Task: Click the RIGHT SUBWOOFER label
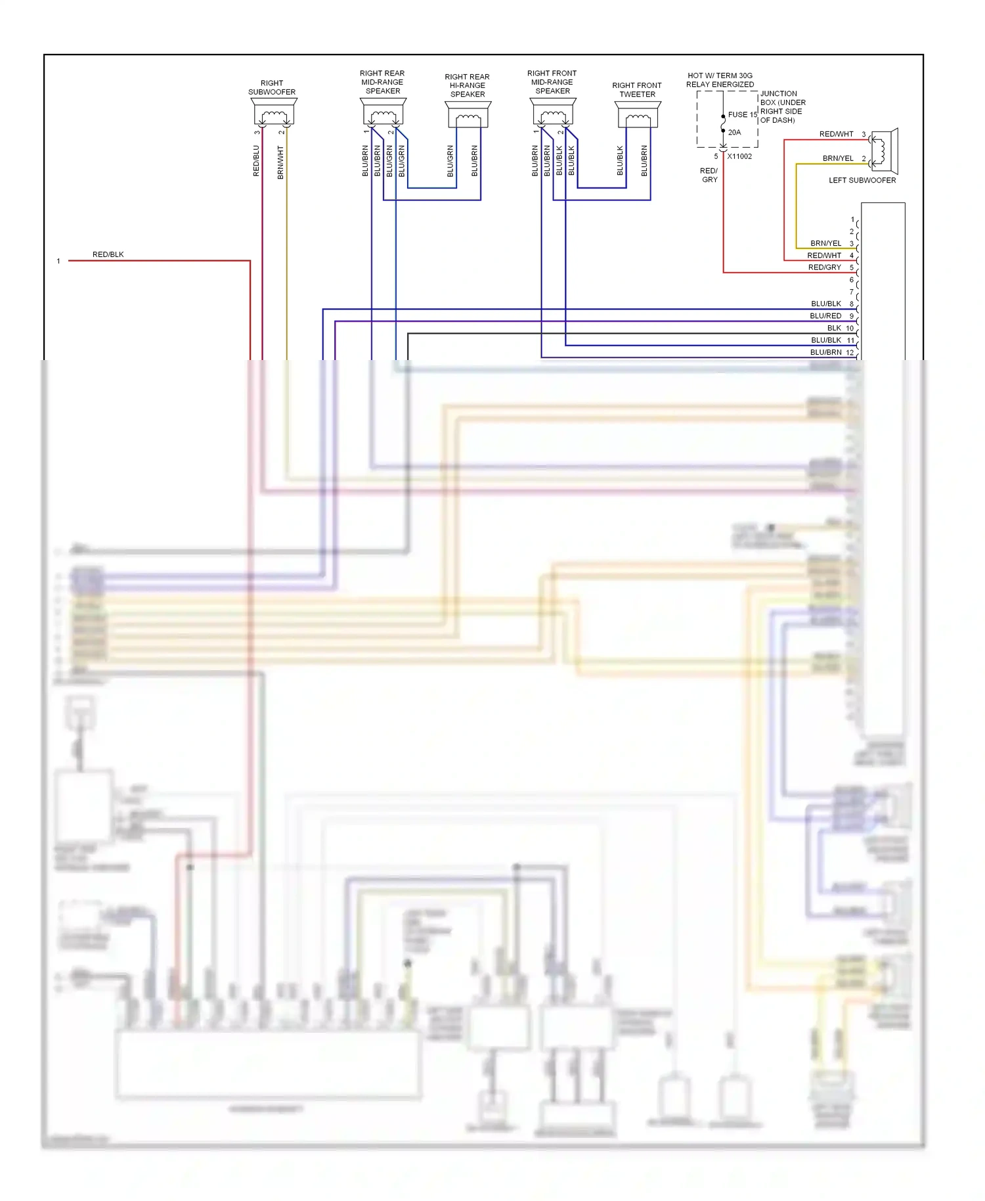(x=272, y=87)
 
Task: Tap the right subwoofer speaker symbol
(x=274, y=112)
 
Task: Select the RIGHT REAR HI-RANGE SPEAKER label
(x=468, y=85)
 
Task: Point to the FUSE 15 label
(x=742, y=114)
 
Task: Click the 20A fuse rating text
(x=734, y=132)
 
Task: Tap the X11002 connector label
(x=739, y=156)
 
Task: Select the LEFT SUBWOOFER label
(x=862, y=180)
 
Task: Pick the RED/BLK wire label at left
(x=108, y=254)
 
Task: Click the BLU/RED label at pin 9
(x=825, y=316)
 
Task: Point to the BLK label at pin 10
(x=834, y=328)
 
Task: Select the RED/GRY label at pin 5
(x=824, y=267)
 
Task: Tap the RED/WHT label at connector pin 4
(x=824, y=256)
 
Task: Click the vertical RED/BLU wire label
(x=256, y=161)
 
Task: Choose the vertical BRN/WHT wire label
(x=280, y=162)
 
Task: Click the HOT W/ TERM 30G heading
(x=720, y=76)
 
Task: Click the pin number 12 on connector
(x=850, y=353)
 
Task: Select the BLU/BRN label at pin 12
(x=825, y=352)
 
